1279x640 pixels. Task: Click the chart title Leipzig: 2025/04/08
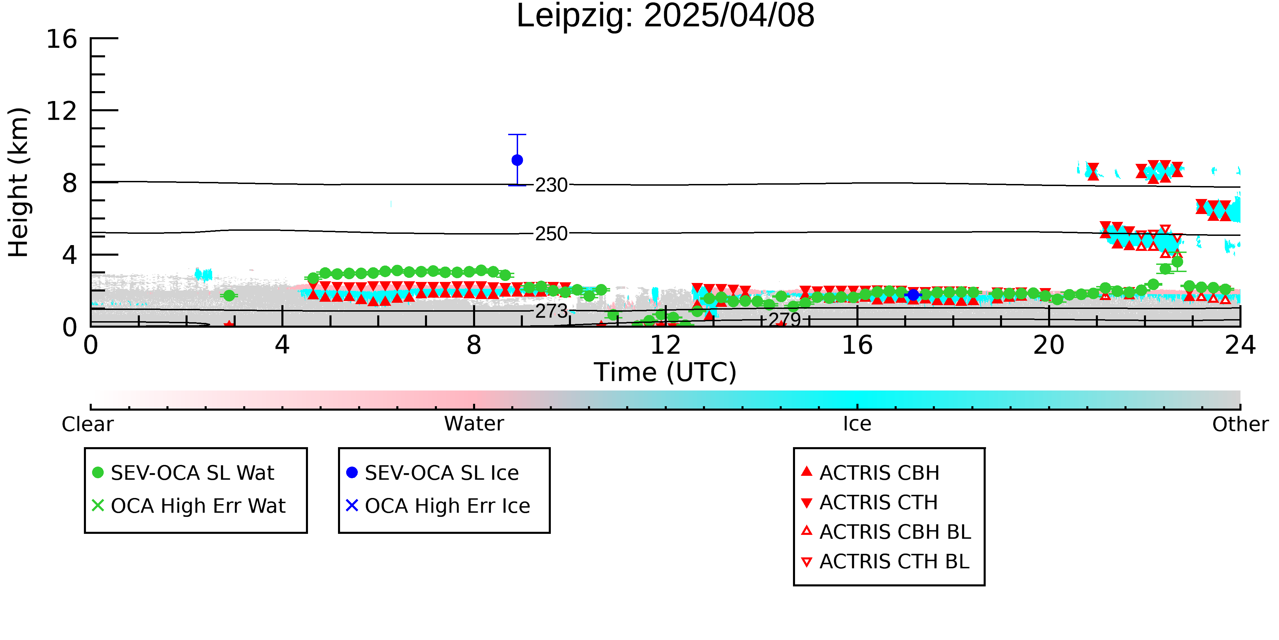(x=665, y=16)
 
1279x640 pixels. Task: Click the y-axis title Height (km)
(x=18, y=182)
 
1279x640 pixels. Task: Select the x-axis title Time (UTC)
(x=665, y=372)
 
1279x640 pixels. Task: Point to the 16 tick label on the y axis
(x=62, y=39)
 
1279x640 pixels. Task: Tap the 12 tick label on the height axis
(x=62, y=111)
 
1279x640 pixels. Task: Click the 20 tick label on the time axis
(x=1049, y=345)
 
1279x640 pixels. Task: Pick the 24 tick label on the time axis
(x=1240, y=345)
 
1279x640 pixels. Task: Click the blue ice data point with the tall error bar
(x=517, y=160)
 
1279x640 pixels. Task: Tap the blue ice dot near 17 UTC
(x=913, y=295)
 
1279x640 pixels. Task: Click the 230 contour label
(x=551, y=185)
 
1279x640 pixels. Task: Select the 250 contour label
(x=551, y=233)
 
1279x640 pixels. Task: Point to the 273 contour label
(x=551, y=312)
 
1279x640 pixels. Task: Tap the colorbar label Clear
(x=87, y=424)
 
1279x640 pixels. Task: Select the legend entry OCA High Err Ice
(x=438, y=506)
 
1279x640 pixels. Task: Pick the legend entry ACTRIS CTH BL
(x=885, y=561)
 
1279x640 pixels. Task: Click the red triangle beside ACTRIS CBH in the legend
(x=807, y=471)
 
